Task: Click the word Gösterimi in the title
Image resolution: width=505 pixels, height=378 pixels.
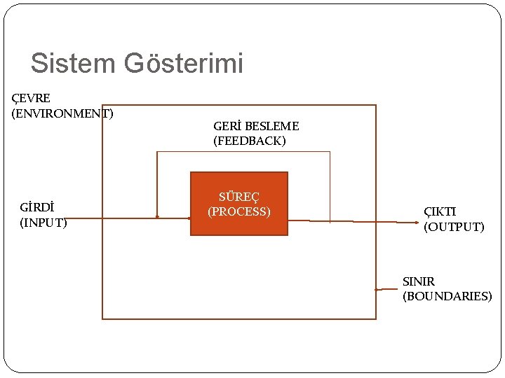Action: [x=184, y=64]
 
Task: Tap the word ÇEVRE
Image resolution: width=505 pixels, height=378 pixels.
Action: [x=31, y=98]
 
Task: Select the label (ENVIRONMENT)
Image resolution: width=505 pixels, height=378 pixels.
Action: [x=62, y=113]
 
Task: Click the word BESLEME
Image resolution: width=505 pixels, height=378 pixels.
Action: [x=272, y=126]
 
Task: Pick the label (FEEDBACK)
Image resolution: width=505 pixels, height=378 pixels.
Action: [x=250, y=141]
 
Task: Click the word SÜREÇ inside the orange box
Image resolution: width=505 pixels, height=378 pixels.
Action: [x=239, y=197]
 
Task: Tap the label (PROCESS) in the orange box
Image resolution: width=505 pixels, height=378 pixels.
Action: [x=239, y=211]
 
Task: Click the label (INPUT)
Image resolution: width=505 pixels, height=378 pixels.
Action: [x=43, y=223]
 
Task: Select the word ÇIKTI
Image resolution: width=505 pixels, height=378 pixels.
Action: [x=440, y=211]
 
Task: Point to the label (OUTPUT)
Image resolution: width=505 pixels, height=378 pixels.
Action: [x=454, y=227]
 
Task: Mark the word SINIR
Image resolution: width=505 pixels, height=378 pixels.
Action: [x=419, y=281]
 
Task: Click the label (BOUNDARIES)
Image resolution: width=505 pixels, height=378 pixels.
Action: [x=447, y=296]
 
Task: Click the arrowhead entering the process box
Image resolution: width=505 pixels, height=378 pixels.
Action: [x=189, y=218]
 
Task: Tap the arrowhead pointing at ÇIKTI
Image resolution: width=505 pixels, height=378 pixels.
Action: [x=417, y=223]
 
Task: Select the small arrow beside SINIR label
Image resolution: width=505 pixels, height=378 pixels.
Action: [x=377, y=289]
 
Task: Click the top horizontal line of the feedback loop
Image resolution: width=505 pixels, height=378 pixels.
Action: [x=243, y=152]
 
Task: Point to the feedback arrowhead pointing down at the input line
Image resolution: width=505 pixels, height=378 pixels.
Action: [x=157, y=216]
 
